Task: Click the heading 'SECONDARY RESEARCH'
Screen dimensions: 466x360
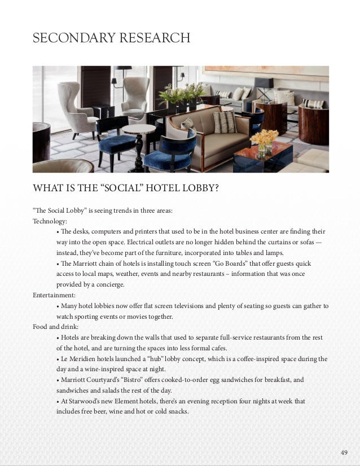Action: (x=111, y=38)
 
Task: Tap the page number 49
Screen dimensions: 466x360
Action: (x=344, y=452)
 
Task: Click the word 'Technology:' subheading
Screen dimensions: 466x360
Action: (x=50, y=221)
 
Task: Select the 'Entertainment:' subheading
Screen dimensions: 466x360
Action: (x=55, y=295)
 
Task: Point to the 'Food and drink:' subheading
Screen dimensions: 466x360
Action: (x=55, y=327)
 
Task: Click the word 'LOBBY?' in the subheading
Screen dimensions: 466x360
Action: (x=197, y=187)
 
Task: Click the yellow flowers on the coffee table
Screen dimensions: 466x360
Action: (x=264, y=138)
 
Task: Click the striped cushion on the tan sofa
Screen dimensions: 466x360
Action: (x=225, y=121)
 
